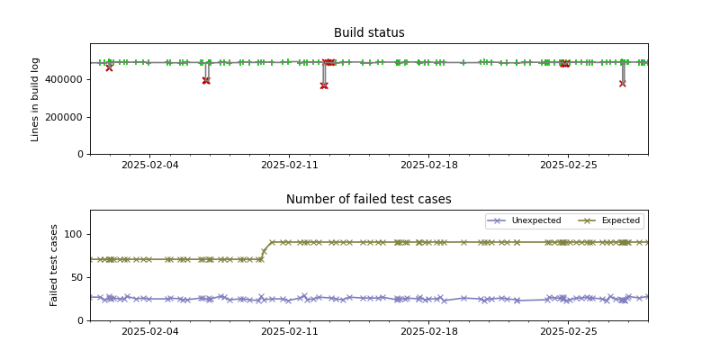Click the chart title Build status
click(x=369, y=33)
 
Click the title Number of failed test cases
click(x=369, y=200)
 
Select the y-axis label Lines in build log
click(x=36, y=99)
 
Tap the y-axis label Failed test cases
click(x=54, y=265)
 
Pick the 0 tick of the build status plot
click(x=81, y=154)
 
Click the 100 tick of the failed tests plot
click(x=75, y=234)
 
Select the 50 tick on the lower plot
click(x=77, y=277)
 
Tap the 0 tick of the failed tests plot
click(x=81, y=320)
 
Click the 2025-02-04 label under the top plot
click(x=149, y=166)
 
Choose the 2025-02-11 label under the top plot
click(x=289, y=166)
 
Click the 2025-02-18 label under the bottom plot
click(x=428, y=332)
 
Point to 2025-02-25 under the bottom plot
click(x=568, y=332)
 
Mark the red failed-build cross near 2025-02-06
click(x=206, y=81)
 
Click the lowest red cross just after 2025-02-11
click(x=324, y=85)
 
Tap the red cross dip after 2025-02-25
click(x=622, y=84)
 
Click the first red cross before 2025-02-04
click(x=109, y=67)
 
